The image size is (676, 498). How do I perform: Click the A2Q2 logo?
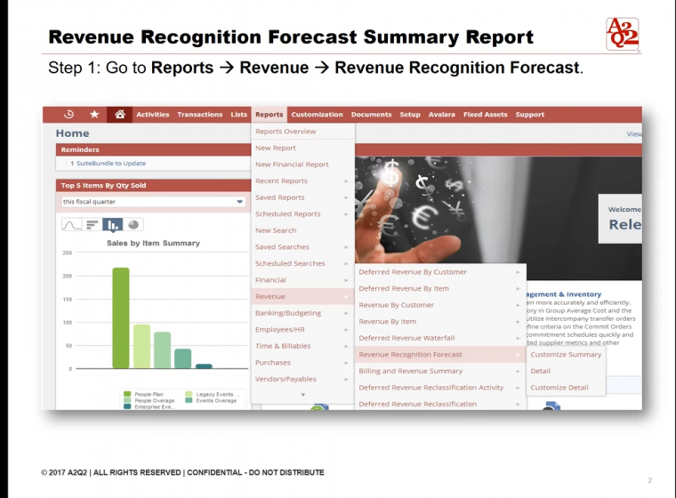(622, 35)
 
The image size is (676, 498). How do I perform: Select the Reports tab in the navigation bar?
(269, 115)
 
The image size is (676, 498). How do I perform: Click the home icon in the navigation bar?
(119, 115)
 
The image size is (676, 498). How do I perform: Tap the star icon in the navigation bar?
(94, 115)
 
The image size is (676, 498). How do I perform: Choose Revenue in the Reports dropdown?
(270, 297)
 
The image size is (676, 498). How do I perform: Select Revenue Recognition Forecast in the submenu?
(410, 354)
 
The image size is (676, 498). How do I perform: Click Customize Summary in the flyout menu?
(566, 355)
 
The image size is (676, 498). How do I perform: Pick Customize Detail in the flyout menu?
(559, 388)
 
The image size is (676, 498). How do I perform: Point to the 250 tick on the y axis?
(67, 253)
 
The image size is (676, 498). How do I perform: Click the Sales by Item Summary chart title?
(153, 243)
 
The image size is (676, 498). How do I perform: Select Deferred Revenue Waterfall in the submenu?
(406, 338)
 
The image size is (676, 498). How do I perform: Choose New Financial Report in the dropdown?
(292, 165)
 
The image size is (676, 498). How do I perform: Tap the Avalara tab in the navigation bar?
(441, 115)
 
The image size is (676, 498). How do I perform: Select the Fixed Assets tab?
(485, 115)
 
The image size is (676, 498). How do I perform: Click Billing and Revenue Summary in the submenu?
(410, 371)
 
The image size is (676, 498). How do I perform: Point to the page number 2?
(649, 479)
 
